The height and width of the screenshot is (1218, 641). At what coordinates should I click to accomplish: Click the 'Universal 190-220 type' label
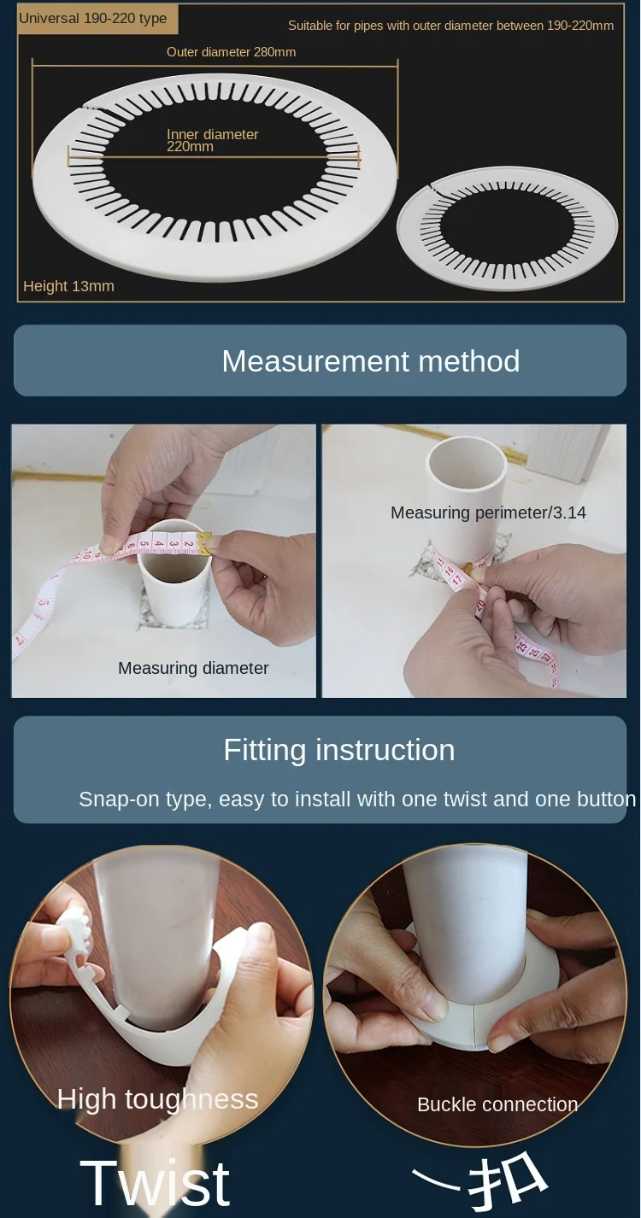pos(92,18)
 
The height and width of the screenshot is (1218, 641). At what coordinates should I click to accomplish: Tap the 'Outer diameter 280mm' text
pos(232,52)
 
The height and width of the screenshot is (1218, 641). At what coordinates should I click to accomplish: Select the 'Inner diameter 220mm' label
pos(212,140)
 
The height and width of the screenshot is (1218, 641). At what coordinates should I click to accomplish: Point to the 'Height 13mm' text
pos(68,286)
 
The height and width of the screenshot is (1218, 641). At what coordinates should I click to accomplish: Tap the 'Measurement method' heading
pos(371,361)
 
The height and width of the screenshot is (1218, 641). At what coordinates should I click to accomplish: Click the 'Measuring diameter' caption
pos(193,668)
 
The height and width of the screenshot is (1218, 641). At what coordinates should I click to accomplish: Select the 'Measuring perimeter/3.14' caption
pos(488,512)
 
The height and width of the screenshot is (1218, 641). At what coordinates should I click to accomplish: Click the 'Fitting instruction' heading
pos(339,750)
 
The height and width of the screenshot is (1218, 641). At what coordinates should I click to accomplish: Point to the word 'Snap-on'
pos(112,799)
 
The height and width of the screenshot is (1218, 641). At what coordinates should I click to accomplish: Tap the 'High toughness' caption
pos(157,1099)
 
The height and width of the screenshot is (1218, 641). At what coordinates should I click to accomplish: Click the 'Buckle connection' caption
pos(497,1104)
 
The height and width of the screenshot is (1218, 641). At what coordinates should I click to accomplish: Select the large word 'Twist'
pos(155,1183)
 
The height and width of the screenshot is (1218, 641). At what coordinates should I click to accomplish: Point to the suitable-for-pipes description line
pos(450,26)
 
